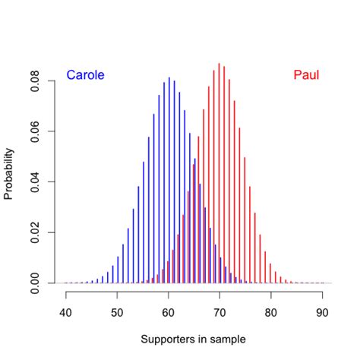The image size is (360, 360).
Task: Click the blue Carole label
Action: coord(85,75)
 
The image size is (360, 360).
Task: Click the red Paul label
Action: coord(306,75)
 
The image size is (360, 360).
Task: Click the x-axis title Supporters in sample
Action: coord(194,339)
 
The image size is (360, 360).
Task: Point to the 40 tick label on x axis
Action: coord(66,311)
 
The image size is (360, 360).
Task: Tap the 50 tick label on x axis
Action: coord(118,311)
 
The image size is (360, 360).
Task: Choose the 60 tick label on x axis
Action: coord(169,311)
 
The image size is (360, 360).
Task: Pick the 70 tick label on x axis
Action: coord(220,311)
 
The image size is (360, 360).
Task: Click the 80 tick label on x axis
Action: coord(271,311)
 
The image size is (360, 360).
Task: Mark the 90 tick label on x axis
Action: coord(323,311)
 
